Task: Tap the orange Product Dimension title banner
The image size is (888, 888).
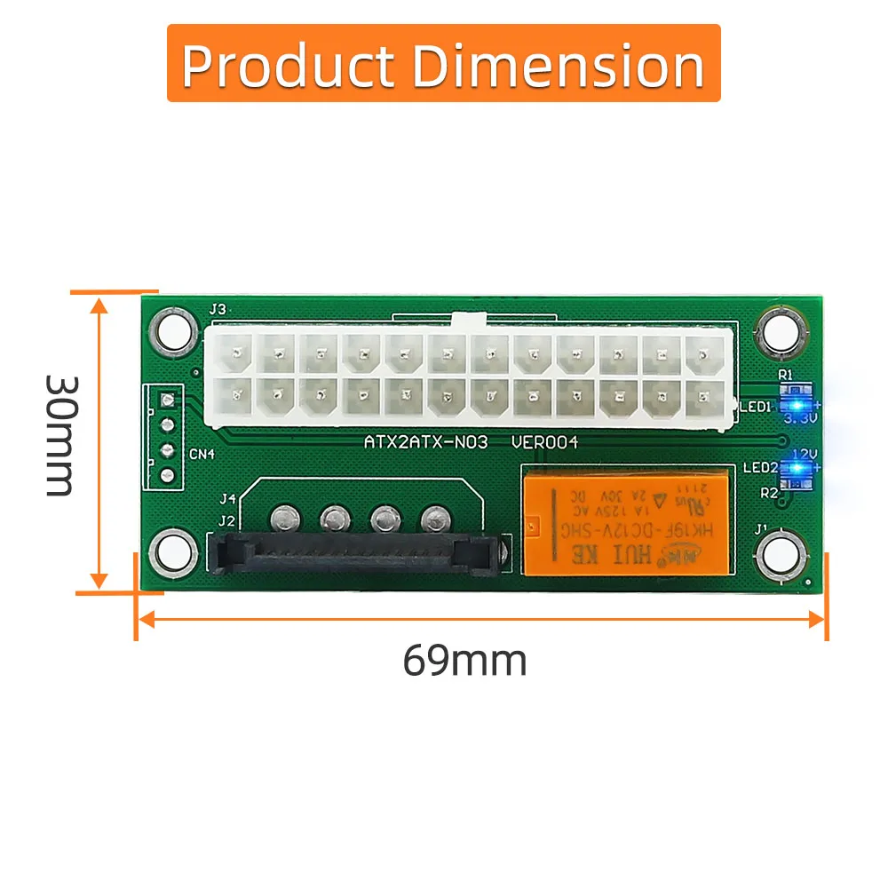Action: click(443, 64)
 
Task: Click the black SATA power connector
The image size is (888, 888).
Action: click(355, 554)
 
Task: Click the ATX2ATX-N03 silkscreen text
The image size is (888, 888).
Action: click(426, 441)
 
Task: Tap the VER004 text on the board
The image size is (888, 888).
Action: click(544, 441)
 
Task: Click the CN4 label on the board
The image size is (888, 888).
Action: click(202, 456)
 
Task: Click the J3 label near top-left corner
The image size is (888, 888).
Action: click(217, 310)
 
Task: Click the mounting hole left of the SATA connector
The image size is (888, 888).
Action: click(173, 551)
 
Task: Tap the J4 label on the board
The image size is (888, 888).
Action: click(227, 499)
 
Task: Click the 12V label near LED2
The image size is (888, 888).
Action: click(804, 453)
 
